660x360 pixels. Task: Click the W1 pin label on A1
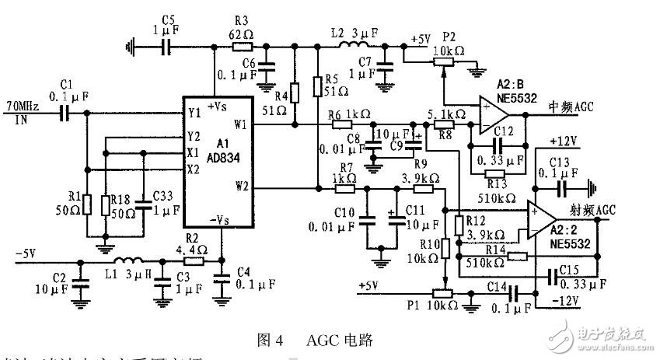pyautogui.click(x=239, y=124)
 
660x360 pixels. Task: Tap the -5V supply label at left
pyautogui.click(x=26, y=253)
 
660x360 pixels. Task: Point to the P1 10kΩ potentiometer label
pyautogui.click(x=426, y=302)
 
